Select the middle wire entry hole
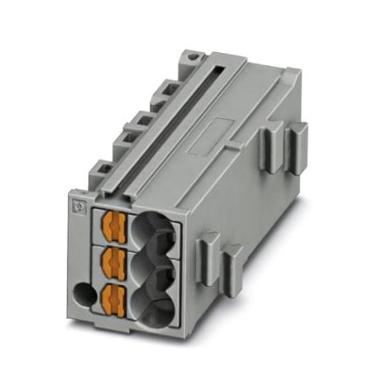click(x=155, y=267)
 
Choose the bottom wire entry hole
click(x=155, y=304)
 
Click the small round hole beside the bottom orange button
click(x=82, y=293)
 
